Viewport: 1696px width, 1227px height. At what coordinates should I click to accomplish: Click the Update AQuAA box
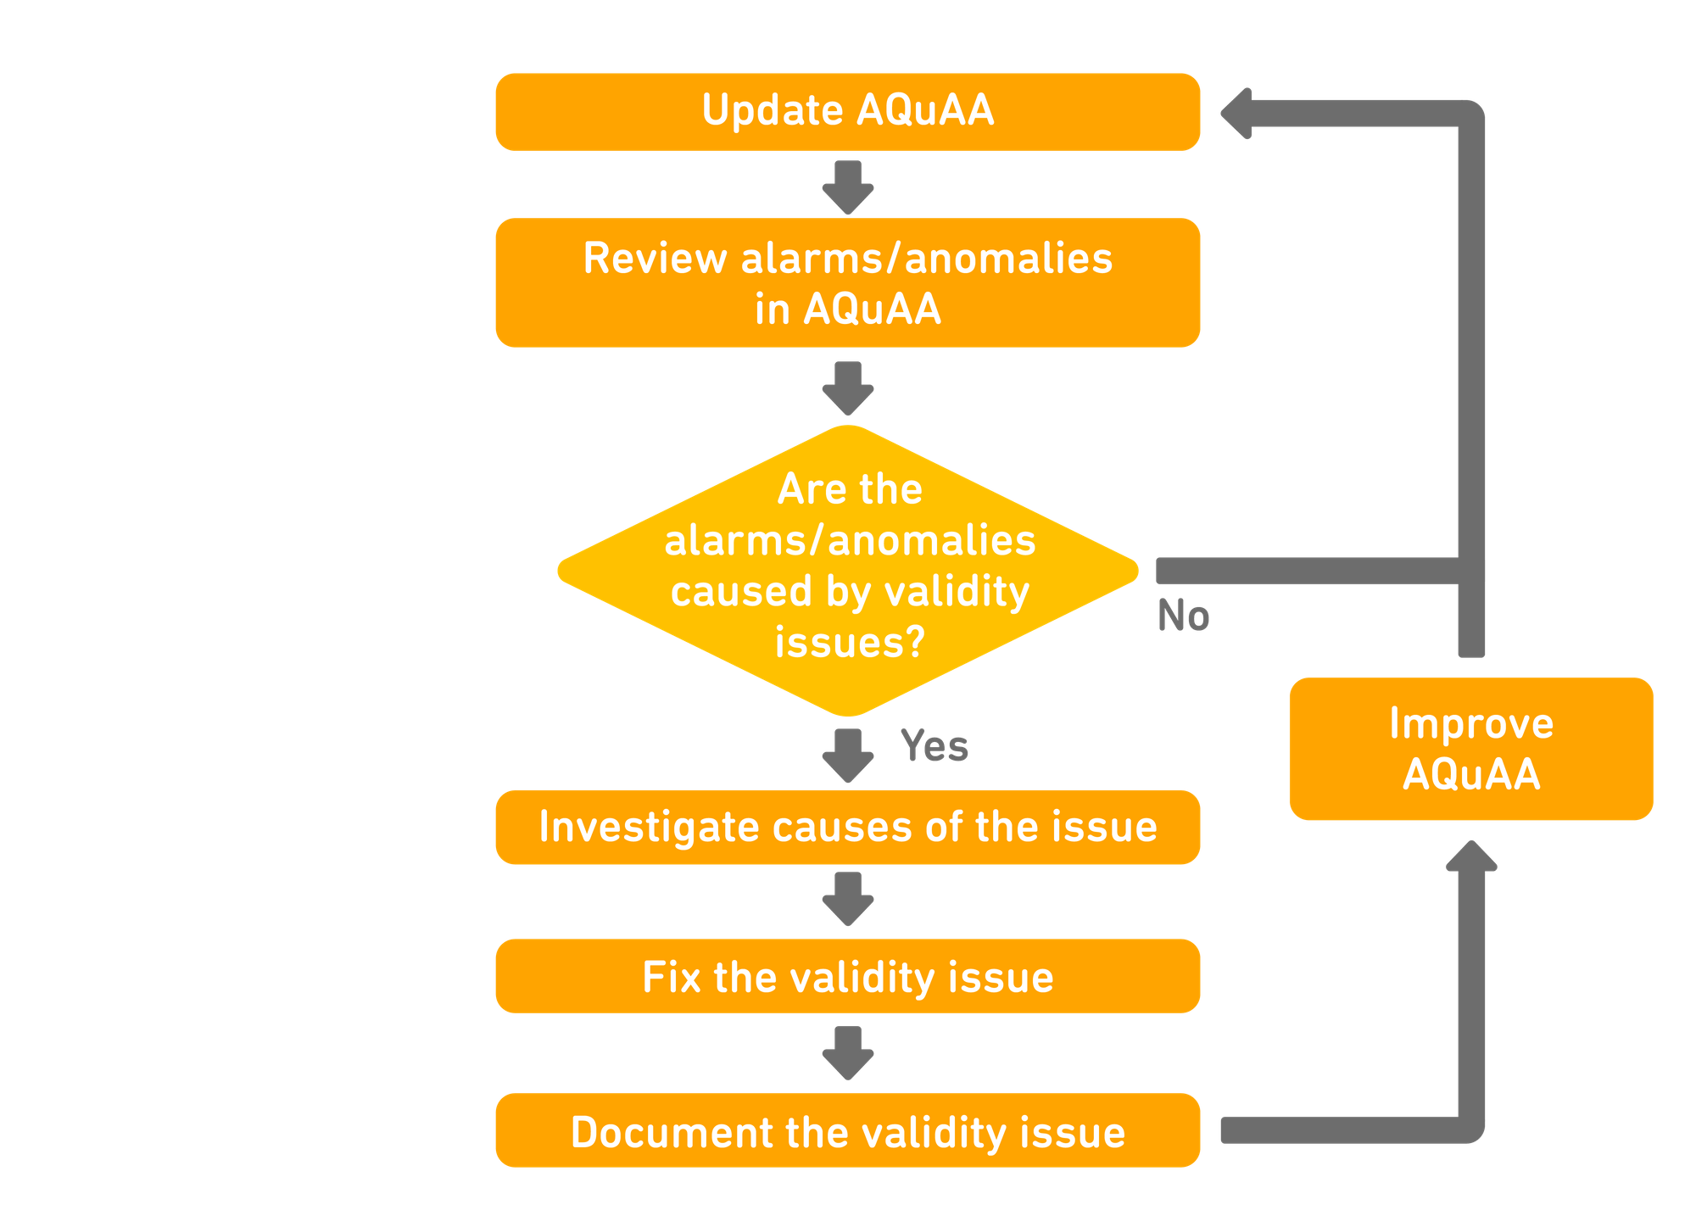[x=847, y=112]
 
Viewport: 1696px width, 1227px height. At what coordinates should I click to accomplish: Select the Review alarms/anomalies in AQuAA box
[x=847, y=282]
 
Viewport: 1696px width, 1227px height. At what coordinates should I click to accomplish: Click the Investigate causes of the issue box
[x=847, y=827]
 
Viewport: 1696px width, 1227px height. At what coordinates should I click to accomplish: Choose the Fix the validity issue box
[x=847, y=976]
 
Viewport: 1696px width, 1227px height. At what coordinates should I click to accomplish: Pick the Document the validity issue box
[x=847, y=1131]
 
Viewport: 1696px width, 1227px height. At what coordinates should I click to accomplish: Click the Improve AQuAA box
[x=1470, y=748]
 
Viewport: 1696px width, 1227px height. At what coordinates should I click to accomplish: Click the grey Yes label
[x=934, y=745]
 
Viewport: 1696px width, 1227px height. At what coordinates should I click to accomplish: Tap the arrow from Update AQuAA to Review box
[x=848, y=187]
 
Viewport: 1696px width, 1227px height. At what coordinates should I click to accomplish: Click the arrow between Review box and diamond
[x=848, y=388]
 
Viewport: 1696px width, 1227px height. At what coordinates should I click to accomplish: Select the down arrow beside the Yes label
[x=848, y=755]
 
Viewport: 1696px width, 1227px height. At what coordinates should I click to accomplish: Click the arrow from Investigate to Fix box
[x=848, y=900]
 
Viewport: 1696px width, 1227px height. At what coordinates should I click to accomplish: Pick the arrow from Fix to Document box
[x=848, y=1053]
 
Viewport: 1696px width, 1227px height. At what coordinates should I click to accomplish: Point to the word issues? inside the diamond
[x=849, y=642]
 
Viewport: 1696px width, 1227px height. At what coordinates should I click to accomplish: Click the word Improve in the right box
[x=1470, y=723]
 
